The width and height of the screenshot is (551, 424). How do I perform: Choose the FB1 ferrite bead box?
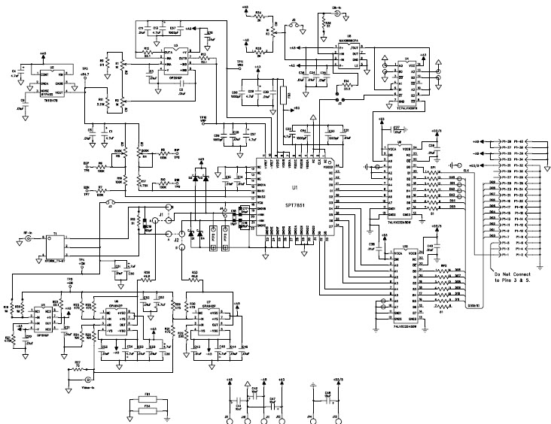pos(148,397)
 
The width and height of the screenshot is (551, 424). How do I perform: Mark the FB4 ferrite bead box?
pos(148,407)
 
